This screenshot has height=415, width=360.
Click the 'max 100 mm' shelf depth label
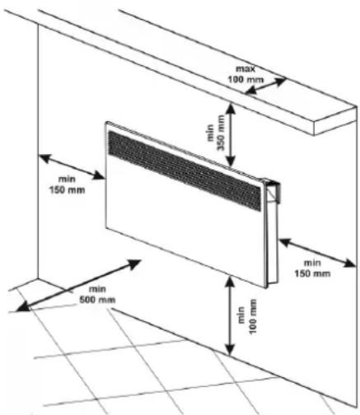245,74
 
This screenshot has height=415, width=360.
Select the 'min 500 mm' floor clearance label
97,295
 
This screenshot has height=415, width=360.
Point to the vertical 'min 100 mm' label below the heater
248,316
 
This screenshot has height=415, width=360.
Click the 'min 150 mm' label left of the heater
67,184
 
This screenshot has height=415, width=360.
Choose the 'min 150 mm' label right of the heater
312,268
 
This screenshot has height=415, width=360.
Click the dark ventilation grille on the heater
185,170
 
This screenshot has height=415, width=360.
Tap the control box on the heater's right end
273,191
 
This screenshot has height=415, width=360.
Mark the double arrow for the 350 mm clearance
231,135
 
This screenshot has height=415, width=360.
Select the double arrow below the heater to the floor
230,315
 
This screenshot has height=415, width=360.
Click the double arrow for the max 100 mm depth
265,86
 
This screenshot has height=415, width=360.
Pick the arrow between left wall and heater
72,167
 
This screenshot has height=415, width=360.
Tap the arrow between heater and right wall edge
318,253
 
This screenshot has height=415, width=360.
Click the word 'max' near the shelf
245,68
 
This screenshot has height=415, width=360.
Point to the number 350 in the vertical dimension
221,141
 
